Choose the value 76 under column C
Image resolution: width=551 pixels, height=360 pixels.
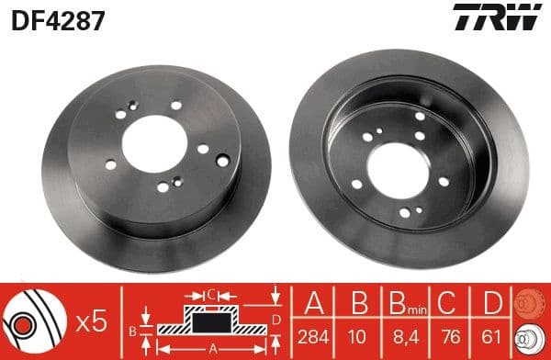[x=447, y=337]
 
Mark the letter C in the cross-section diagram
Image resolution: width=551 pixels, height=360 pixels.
[x=210, y=294]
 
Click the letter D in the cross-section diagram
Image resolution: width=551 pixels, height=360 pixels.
[x=275, y=321]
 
